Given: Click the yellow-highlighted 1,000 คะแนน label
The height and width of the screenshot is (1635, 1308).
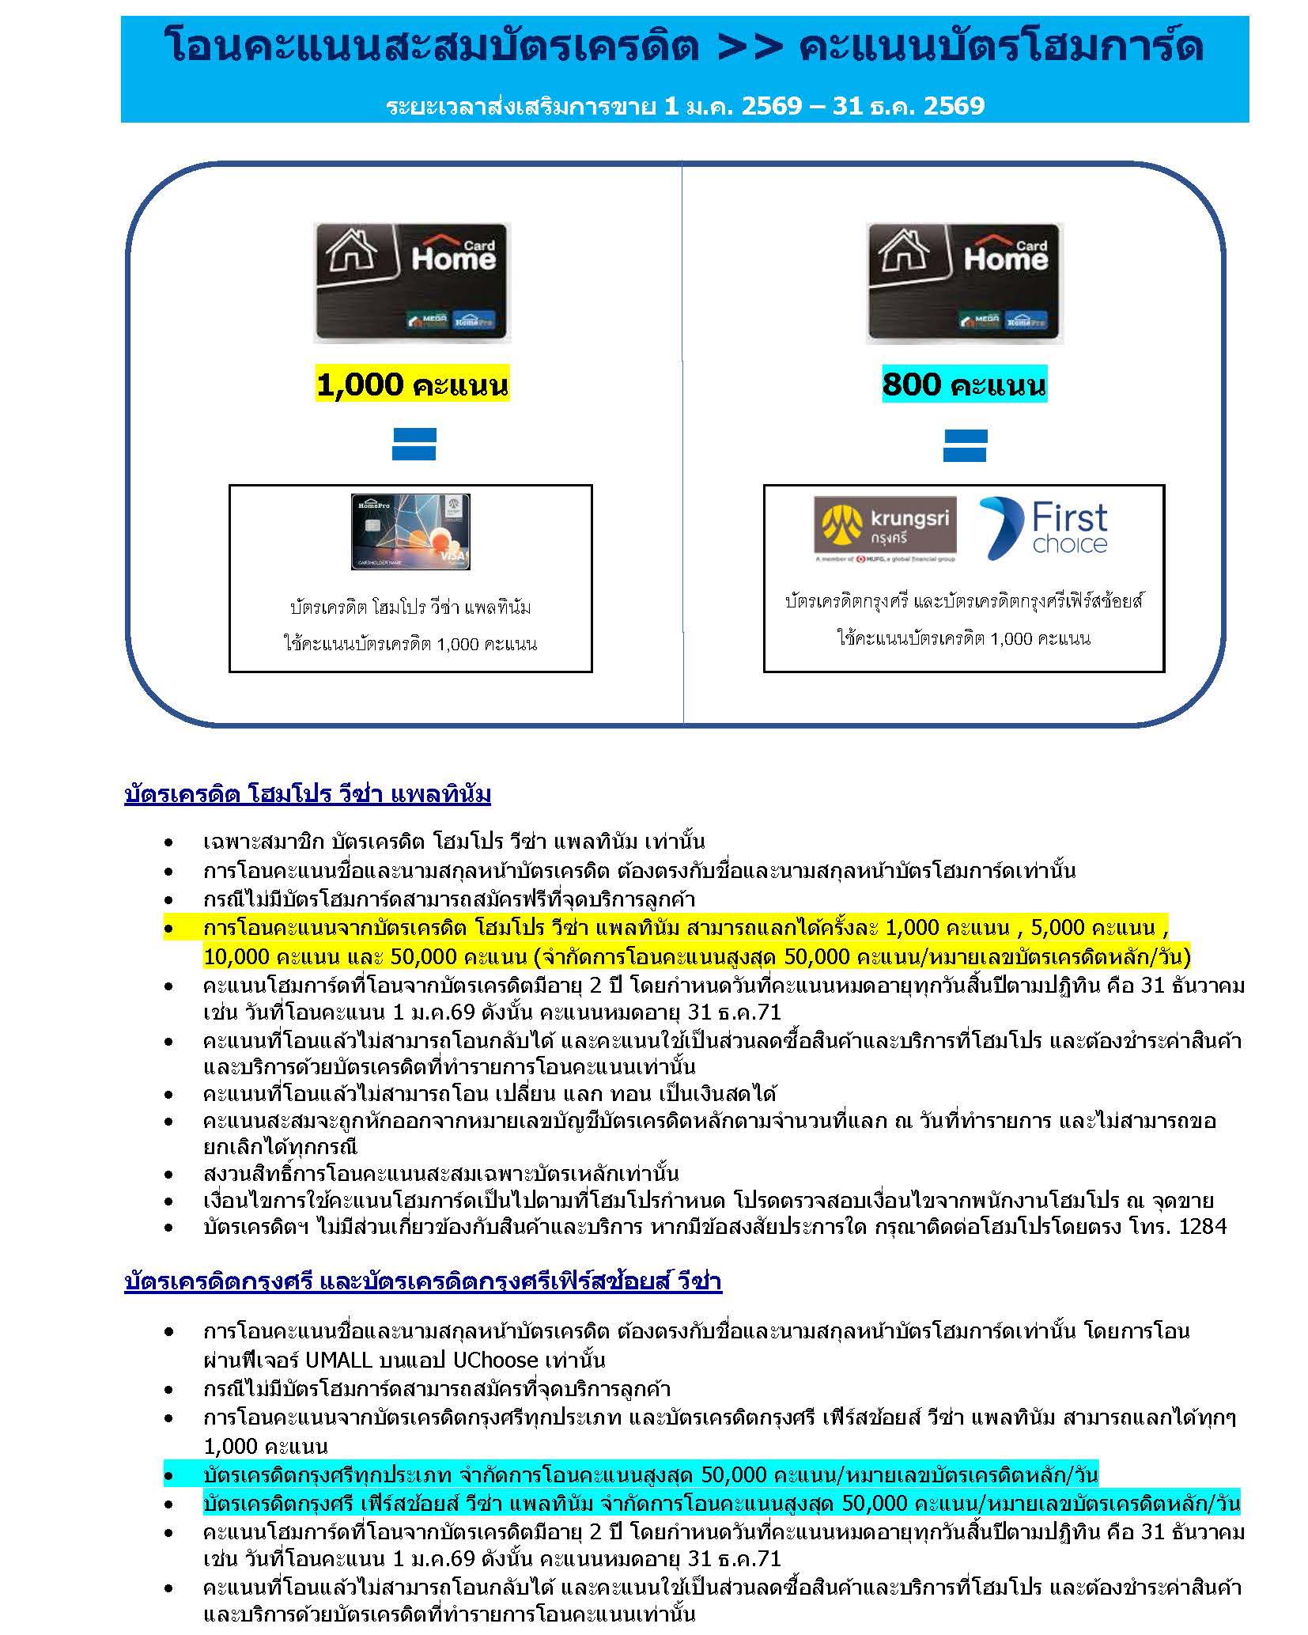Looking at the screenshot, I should click(x=411, y=385).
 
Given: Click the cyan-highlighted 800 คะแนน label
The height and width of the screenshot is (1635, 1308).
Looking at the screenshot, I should click(x=963, y=385).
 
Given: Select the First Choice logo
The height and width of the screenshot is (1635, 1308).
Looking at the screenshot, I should click(x=1043, y=528).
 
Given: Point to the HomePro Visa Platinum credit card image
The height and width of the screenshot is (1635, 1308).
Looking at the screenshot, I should click(x=410, y=532).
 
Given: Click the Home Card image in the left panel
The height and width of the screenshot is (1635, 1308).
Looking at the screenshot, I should click(x=411, y=282).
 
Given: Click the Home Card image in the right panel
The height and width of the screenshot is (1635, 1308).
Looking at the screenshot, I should click(x=964, y=282).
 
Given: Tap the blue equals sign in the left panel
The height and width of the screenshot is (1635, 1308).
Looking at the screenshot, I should click(x=414, y=445).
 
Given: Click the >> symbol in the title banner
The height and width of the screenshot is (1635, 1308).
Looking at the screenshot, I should click(x=750, y=47).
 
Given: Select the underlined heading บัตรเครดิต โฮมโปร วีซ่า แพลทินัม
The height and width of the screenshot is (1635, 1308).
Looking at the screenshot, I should click(x=308, y=794).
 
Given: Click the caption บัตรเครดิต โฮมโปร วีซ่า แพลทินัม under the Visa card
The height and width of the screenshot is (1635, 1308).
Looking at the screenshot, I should click(x=410, y=607).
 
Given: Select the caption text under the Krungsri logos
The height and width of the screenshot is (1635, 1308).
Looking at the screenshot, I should click(x=964, y=601).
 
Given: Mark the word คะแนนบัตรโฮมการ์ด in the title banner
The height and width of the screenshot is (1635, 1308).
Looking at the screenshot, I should click(x=1001, y=47).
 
